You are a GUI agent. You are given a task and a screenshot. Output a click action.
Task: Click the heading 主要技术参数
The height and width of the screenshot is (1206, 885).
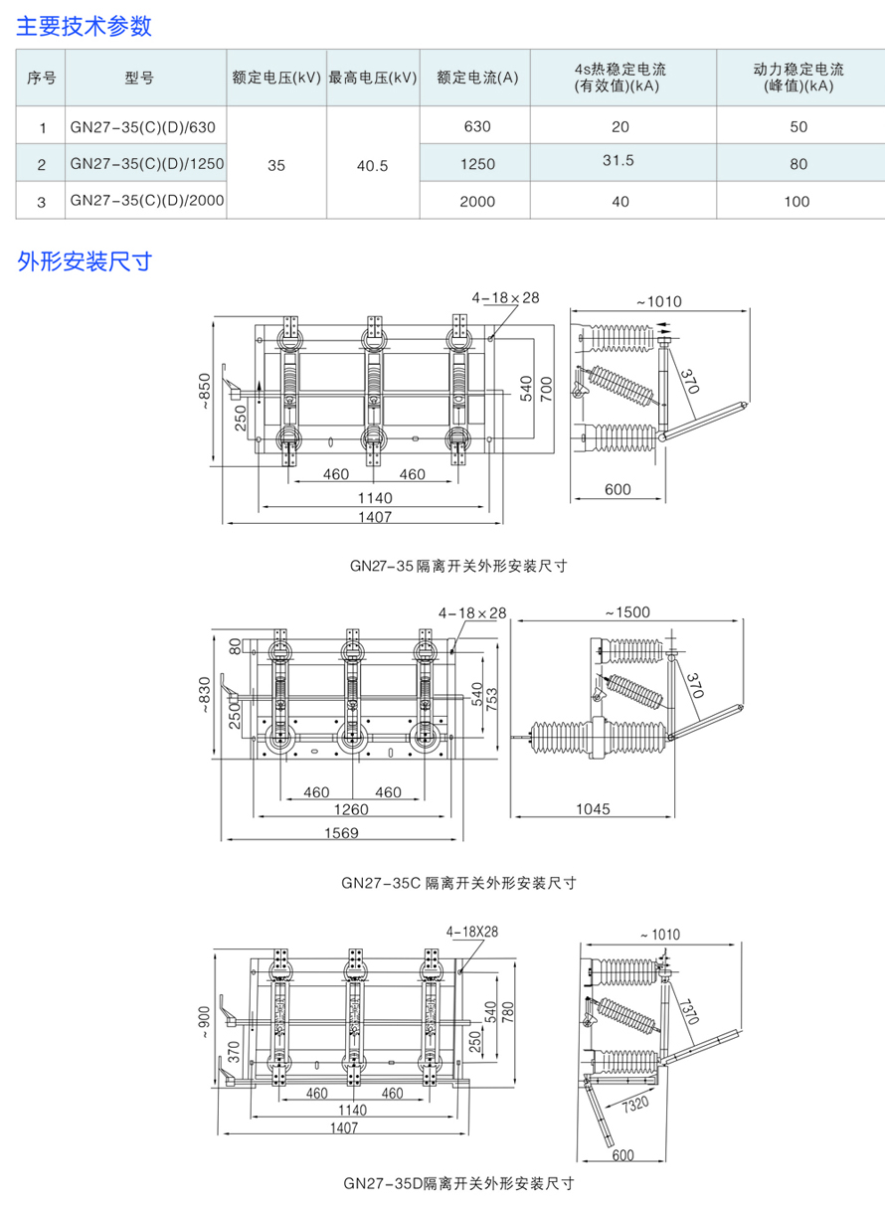(85, 26)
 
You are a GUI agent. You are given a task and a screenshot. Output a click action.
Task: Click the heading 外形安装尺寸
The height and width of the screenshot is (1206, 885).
(85, 261)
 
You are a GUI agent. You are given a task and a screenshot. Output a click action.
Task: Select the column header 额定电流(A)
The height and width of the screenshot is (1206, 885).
(477, 77)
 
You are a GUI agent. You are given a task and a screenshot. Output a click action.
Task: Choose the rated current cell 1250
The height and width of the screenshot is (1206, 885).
(477, 164)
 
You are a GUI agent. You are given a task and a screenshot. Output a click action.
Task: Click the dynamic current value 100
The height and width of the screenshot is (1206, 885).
(797, 201)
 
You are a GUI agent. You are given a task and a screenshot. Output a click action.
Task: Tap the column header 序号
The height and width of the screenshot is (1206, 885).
(42, 77)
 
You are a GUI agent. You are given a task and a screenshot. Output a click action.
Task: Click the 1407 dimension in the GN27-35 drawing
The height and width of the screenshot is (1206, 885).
(375, 516)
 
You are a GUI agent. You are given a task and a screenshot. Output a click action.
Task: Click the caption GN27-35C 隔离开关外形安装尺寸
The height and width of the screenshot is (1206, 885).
(458, 881)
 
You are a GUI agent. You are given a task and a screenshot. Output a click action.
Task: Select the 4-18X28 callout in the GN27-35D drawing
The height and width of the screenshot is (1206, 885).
(471, 932)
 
